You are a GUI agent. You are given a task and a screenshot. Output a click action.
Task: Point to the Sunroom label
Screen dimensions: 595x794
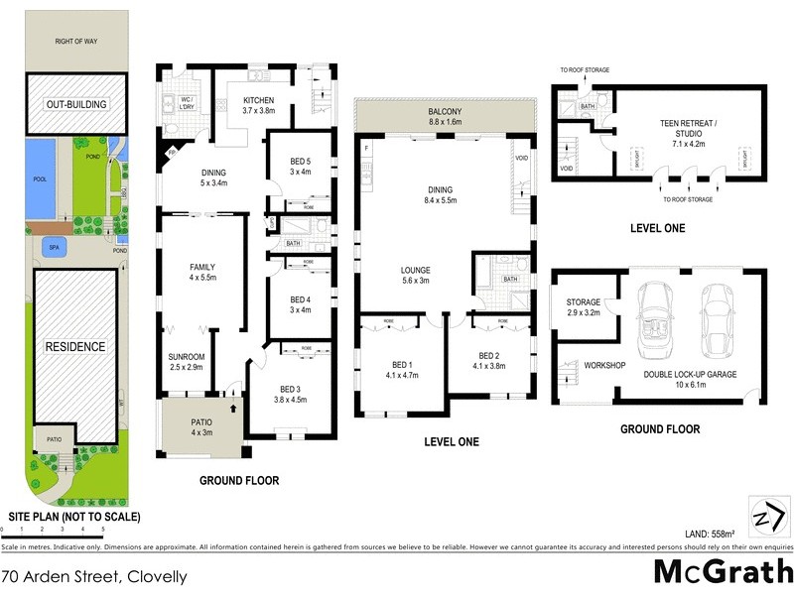(188, 361)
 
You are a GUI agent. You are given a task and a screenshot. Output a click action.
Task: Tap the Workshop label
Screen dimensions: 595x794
(603, 366)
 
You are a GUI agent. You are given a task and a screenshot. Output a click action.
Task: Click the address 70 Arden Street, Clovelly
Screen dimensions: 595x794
(94, 575)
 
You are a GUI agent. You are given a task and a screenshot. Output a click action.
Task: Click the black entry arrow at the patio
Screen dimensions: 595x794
(234, 407)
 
